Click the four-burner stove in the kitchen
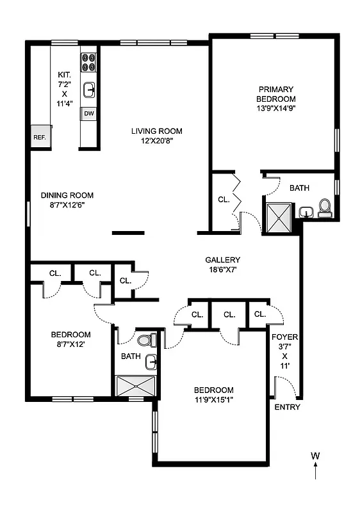pos(88,61)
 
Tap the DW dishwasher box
pos(88,114)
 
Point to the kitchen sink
pos(89,89)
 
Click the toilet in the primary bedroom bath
pos(324,207)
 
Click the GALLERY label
pos(222,260)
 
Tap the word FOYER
pos(284,337)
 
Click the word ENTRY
pos(287,407)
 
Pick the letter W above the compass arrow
pos(315,456)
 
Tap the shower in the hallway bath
pos(135,385)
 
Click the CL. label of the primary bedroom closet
pos(223,200)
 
